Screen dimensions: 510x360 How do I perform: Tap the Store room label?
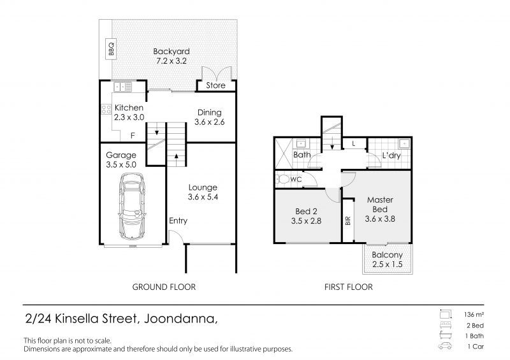tap(215, 85)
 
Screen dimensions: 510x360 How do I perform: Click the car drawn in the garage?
tap(132, 206)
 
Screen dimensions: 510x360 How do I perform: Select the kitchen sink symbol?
tap(122, 87)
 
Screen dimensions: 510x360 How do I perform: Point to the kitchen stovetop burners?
tap(106, 109)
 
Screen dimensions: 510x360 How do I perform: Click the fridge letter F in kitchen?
tap(133, 136)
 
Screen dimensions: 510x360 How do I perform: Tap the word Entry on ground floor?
tap(178, 221)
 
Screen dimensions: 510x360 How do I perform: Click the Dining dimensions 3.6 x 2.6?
tap(210, 122)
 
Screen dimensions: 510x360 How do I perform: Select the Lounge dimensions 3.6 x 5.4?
tap(203, 197)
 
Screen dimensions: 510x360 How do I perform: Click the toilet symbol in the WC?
tap(282, 179)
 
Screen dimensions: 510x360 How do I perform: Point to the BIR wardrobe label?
tap(348, 221)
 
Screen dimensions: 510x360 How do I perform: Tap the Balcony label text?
tap(387, 255)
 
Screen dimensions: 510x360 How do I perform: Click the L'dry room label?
tap(391, 155)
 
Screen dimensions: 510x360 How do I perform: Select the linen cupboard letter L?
tap(354, 144)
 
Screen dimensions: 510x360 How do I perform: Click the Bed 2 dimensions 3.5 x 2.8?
tap(306, 221)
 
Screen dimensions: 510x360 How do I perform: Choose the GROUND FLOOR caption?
tap(164, 287)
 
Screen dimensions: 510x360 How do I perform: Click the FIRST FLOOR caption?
tap(348, 287)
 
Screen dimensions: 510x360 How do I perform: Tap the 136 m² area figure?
tap(474, 315)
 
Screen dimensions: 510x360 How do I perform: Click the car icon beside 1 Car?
tap(444, 346)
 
